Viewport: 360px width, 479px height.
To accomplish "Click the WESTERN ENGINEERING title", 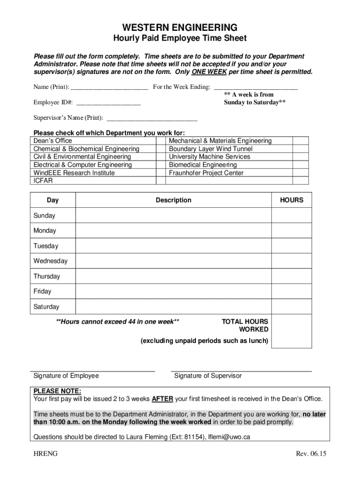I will [x=180, y=27].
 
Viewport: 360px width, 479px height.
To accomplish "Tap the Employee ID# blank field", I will [x=108, y=102].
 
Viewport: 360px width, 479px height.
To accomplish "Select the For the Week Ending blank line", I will [x=255, y=87].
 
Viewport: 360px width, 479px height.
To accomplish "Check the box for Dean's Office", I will [x=161, y=141].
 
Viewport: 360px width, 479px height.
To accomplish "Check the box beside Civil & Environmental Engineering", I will [x=161, y=157].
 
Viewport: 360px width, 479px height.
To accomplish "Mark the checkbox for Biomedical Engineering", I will [x=300, y=165].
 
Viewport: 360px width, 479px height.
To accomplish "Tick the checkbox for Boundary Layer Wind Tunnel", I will [x=300, y=149].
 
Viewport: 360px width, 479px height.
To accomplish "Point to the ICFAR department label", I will [x=43, y=181].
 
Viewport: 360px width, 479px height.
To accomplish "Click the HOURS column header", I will [x=291, y=200].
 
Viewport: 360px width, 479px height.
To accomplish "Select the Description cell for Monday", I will [x=173, y=231].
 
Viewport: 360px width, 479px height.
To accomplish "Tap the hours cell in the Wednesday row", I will [x=291, y=261].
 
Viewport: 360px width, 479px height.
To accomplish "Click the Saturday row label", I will [x=46, y=307].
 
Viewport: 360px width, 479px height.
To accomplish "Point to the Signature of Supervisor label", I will [x=208, y=376].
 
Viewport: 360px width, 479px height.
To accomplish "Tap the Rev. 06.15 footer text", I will [x=311, y=454].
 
